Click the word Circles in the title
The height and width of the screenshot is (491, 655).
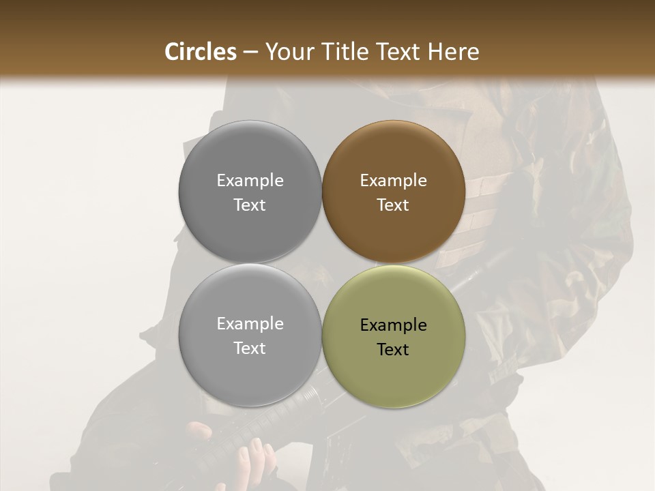[201, 52]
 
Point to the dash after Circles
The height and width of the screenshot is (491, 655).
[250, 53]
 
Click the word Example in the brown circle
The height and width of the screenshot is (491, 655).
[393, 181]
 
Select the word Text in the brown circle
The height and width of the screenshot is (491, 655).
[393, 205]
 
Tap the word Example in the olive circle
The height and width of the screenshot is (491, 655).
[393, 325]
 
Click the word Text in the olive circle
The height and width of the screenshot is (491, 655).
[393, 350]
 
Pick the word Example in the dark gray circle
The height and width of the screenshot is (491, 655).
[250, 181]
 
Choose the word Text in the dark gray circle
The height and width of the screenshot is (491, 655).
[250, 205]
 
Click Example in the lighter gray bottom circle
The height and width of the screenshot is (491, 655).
[250, 324]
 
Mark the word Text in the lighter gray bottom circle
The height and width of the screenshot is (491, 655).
[250, 348]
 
